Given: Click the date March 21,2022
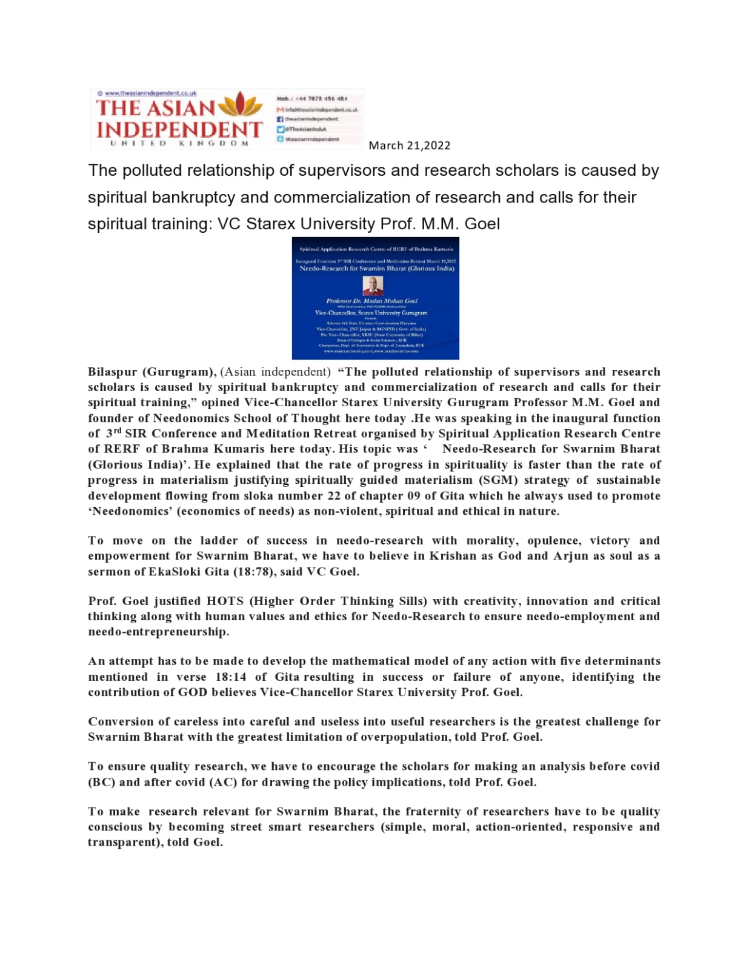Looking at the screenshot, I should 409,145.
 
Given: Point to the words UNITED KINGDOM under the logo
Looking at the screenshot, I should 179,144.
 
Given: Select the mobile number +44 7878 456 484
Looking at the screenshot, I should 321,98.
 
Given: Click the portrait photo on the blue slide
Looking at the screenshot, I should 373,285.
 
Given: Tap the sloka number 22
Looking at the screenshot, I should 334,495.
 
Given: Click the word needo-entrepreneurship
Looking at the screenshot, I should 159,632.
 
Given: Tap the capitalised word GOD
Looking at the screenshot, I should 193,692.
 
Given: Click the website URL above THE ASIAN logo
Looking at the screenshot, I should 150,93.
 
